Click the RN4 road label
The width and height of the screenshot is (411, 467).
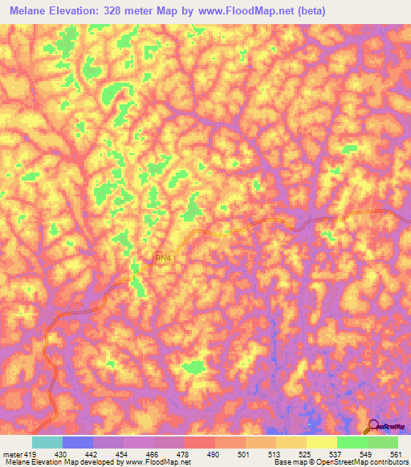pyautogui.click(x=163, y=258)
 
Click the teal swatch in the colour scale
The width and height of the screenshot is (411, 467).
pyautogui.click(x=47, y=442)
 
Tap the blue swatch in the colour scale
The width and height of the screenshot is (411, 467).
pyautogui.click(x=77, y=442)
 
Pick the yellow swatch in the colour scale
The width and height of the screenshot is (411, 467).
pyautogui.click(x=321, y=442)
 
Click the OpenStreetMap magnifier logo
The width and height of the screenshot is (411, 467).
pyautogui.click(x=374, y=426)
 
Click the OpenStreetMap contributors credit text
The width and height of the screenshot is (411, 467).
pyautogui.click(x=356, y=462)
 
